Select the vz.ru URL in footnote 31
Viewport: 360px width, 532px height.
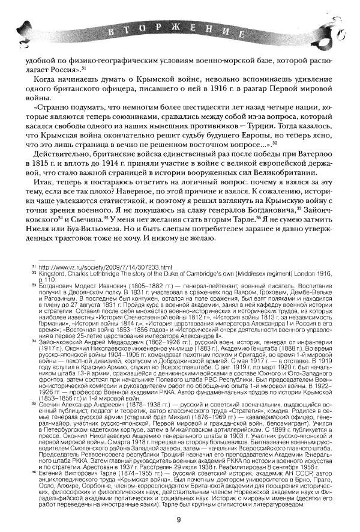(105, 266)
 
